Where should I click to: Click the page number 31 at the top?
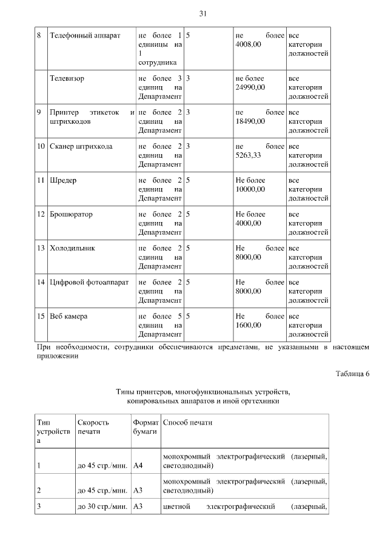202,14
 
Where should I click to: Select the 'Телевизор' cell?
67,79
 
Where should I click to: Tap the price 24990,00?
250,87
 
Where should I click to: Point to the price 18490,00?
250,121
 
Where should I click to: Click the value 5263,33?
248,155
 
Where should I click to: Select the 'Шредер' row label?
63,181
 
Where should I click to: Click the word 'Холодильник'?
73,249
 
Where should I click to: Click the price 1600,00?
248,325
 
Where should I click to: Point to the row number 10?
41,147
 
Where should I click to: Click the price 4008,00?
248,44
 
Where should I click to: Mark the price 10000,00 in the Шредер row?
250,189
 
